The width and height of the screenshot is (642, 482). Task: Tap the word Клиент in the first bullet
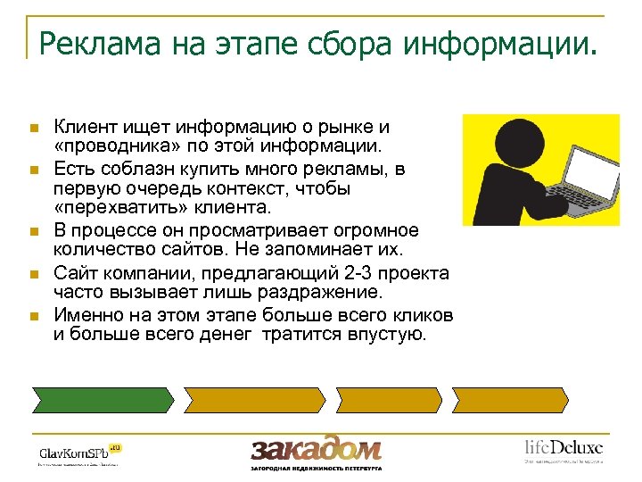(x=80, y=128)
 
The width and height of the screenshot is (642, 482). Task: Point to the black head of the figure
(x=504, y=145)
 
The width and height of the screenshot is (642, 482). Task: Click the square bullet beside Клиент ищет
(x=32, y=129)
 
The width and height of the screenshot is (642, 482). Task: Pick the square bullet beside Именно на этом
(x=32, y=316)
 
